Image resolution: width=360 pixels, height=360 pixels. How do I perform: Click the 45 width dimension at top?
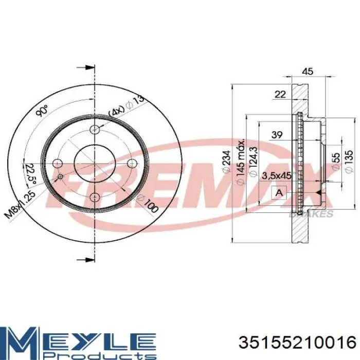pyautogui.click(x=307, y=72)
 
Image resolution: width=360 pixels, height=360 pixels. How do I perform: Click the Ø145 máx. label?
pyautogui.click(x=239, y=161)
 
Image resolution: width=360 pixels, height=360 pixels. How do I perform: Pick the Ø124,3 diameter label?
pyautogui.click(x=252, y=163)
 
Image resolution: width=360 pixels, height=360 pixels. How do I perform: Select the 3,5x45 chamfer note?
pyautogui.click(x=277, y=175)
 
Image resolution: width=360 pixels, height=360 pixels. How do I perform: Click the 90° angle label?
pyautogui.click(x=43, y=111)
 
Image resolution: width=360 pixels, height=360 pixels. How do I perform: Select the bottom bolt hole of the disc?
pyautogui.click(x=95, y=197)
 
